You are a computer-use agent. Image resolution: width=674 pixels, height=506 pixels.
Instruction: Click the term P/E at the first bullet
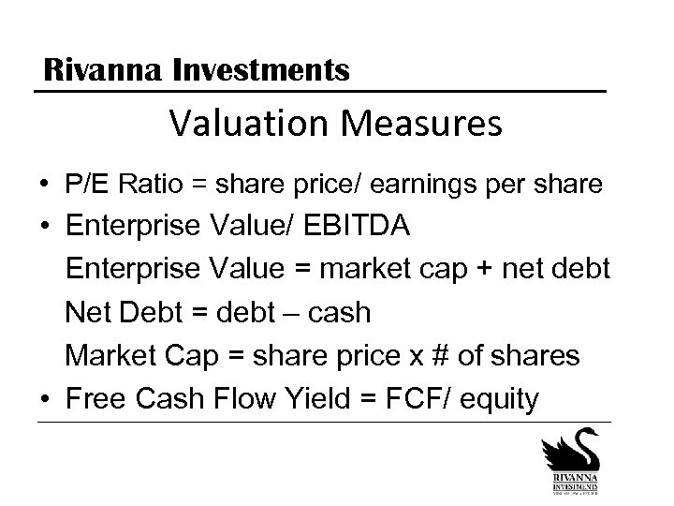86,186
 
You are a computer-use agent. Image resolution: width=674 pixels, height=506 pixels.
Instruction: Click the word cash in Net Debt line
338,313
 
